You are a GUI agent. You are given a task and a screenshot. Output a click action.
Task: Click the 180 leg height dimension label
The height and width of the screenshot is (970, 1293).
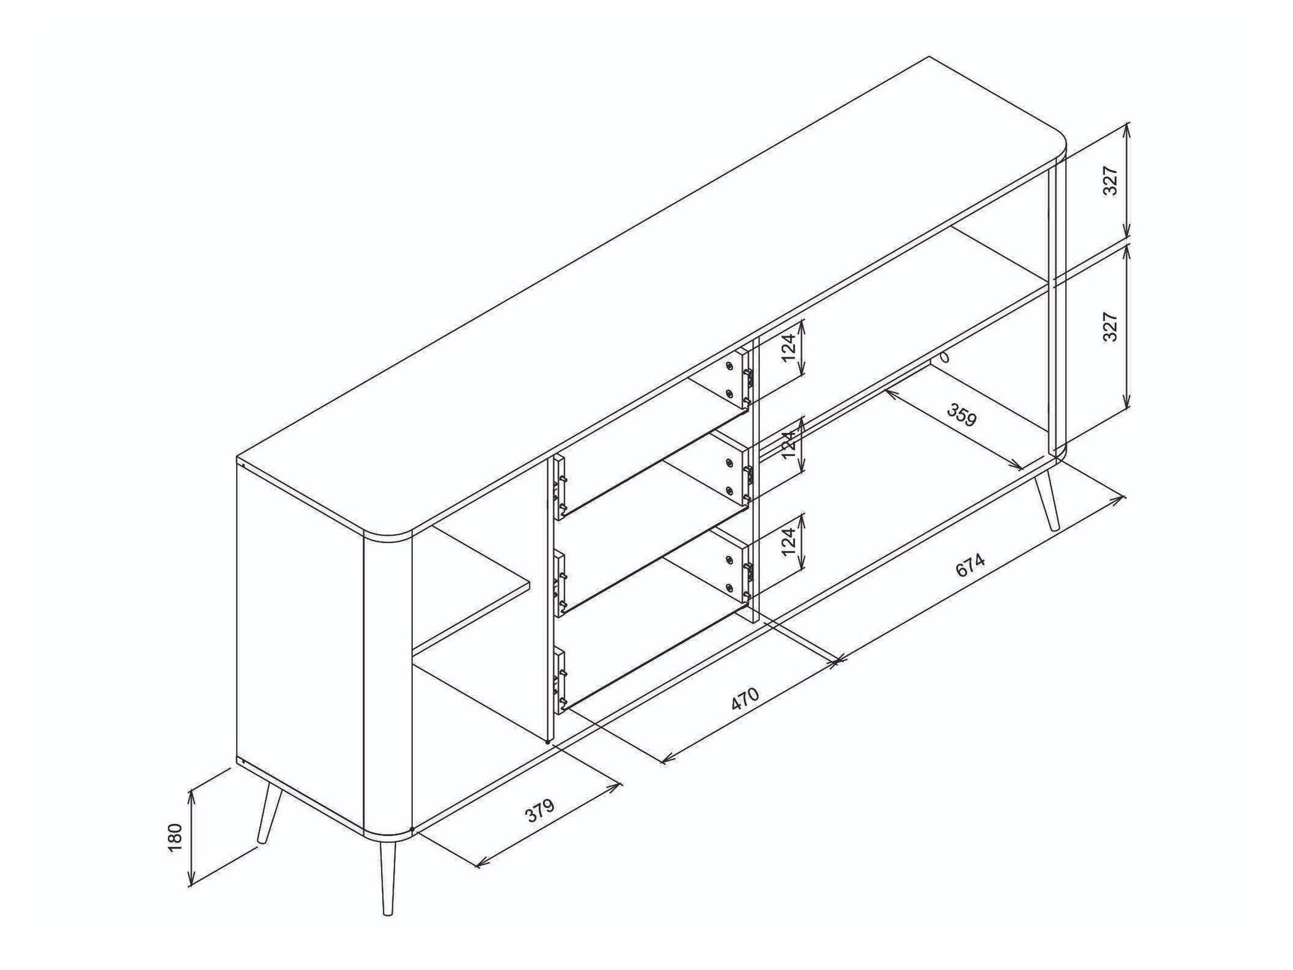click(175, 837)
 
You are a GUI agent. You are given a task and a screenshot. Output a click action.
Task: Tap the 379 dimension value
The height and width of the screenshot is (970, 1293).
click(539, 811)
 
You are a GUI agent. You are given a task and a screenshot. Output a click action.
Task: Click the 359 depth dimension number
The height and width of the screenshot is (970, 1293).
click(962, 415)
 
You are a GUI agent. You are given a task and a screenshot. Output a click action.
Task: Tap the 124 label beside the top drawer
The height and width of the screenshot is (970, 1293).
click(789, 348)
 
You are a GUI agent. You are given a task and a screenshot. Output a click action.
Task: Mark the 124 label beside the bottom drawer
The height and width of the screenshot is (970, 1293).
click(789, 542)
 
